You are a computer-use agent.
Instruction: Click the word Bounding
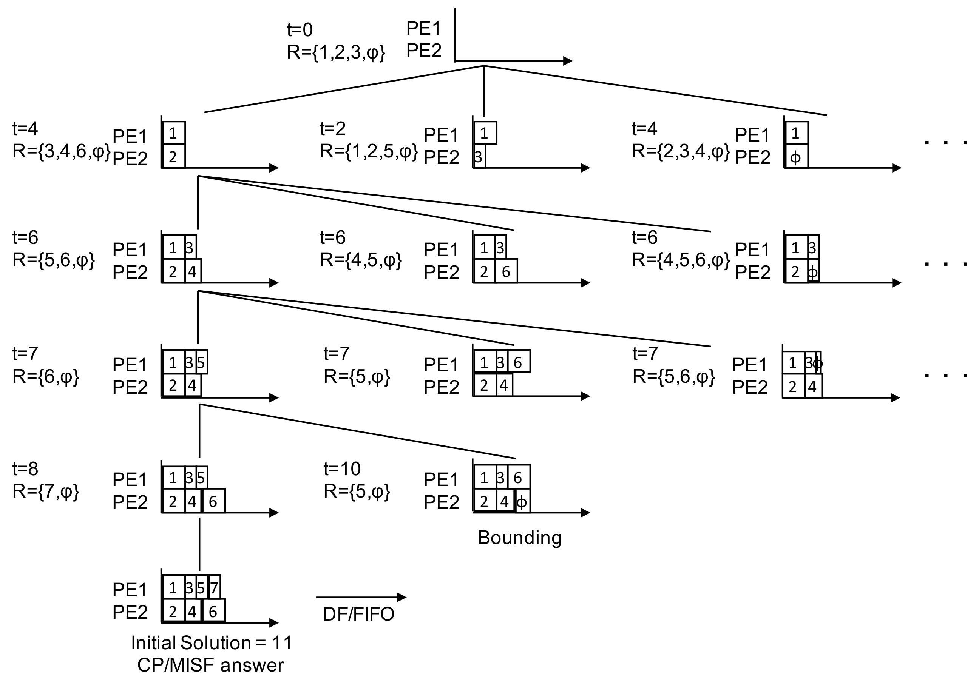tap(519, 538)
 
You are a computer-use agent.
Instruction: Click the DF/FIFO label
tap(358, 614)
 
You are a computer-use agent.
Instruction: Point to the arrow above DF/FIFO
tap(361, 597)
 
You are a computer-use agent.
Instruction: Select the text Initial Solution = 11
tap(212, 642)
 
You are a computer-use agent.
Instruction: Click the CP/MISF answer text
tap(210, 665)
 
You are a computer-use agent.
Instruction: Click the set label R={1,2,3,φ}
tap(336, 52)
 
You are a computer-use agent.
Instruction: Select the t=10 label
tap(342, 469)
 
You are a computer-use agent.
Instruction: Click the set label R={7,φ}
tap(46, 491)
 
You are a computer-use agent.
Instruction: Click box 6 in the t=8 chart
tap(213, 502)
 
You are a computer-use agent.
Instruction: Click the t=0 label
tap(300, 30)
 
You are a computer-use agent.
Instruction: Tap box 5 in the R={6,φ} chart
tap(201, 363)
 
